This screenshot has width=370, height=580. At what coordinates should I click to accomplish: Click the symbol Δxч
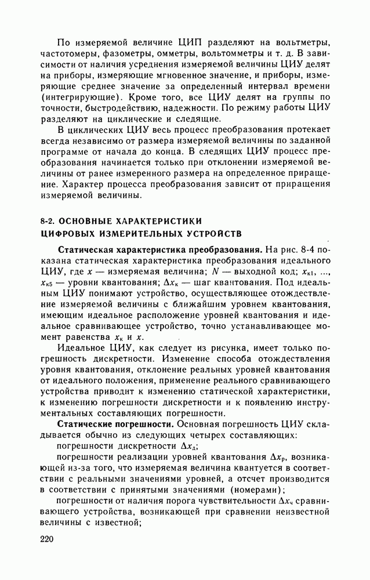tap(286, 501)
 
